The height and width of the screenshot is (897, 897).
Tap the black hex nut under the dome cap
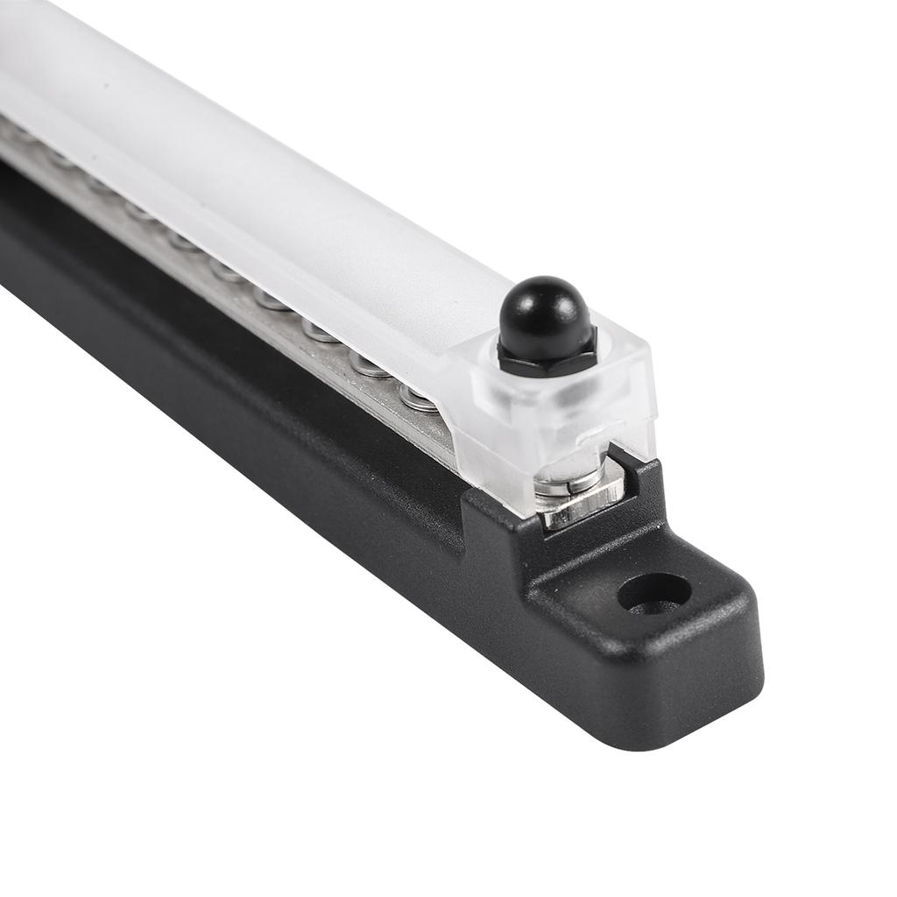[547, 357]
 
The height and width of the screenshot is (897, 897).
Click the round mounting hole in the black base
[653, 593]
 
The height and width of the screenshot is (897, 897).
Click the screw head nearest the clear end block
[419, 399]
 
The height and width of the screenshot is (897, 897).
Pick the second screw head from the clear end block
[368, 363]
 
